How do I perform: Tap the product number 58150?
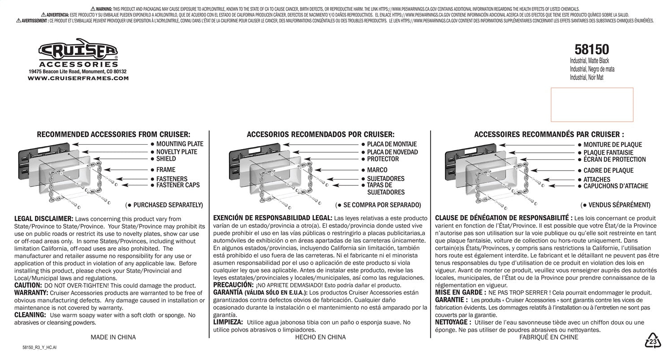591,49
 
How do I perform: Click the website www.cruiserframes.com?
78,78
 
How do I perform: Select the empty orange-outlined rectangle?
592,105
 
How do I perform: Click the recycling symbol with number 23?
653,341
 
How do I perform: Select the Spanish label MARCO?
377,170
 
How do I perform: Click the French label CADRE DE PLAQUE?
608,171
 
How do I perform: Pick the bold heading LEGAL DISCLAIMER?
44,219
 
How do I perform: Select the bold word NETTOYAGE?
453,322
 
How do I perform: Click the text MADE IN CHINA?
113,337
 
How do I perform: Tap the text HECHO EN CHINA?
320,337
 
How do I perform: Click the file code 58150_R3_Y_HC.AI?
39,347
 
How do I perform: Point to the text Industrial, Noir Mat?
586,77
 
